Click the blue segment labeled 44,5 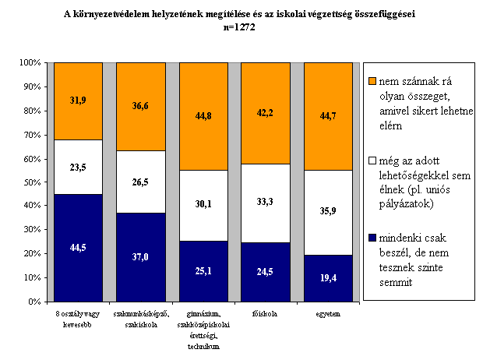click(x=78, y=248)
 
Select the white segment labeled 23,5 click(x=78, y=167)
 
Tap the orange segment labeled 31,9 click(x=78, y=101)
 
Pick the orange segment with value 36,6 click(x=141, y=107)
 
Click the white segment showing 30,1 click(x=203, y=206)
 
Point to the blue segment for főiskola click(x=266, y=272)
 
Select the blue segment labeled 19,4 click(x=328, y=278)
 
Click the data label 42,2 click(x=265, y=113)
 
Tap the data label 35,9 click(x=328, y=211)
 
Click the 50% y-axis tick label click(x=33, y=182)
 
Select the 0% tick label click(x=34, y=302)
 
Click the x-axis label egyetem click(x=328, y=314)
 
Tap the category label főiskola click(x=265, y=314)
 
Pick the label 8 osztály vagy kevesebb click(x=78, y=319)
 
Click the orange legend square click(x=372, y=81)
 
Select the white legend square click(x=372, y=161)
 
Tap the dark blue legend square click(x=372, y=238)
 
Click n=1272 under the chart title click(x=239, y=27)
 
